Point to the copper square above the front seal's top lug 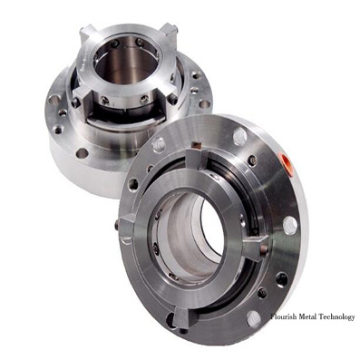coord(197,144)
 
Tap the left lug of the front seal coord(127,225)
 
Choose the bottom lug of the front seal coord(185,317)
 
